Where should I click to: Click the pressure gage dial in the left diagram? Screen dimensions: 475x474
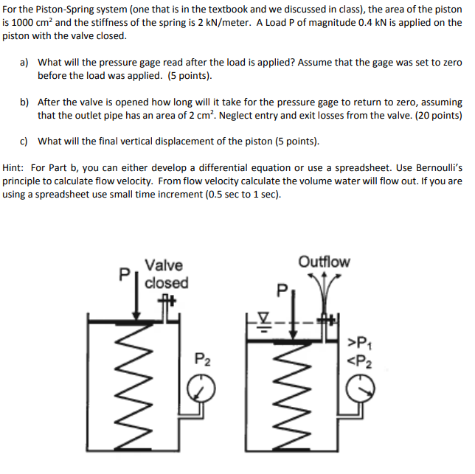[201, 388]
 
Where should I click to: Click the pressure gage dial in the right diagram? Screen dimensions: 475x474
[361, 388]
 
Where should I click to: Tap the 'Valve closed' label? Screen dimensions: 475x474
[166, 274]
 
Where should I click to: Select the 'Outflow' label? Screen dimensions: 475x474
[324, 262]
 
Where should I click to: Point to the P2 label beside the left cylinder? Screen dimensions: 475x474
[203, 359]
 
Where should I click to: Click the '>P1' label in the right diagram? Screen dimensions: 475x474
[360, 343]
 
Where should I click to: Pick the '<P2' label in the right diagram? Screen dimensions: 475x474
[360, 361]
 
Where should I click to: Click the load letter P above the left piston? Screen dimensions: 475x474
[124, 274]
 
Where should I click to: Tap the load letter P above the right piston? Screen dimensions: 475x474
[282, 290]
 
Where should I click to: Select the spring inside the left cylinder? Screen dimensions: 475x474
[134, 386]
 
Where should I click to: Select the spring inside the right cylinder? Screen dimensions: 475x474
[291, 397]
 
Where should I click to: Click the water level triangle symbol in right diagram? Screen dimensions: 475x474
[264, 317]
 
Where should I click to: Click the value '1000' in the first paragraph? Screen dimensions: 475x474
[23, 23]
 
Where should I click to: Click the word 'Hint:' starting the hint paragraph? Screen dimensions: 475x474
[13, 167]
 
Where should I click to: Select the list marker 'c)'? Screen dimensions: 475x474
[24, 142]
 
